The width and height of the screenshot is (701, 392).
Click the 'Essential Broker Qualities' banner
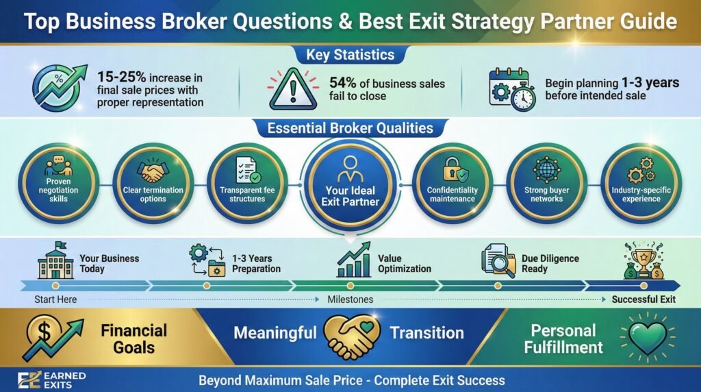(350, 128)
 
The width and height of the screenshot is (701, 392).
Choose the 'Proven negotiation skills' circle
(58, 184)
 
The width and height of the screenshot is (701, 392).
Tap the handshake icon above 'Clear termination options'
(153, 171)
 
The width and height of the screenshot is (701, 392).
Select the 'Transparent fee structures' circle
(247, 184)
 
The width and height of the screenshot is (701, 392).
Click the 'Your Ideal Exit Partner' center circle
(350, 184)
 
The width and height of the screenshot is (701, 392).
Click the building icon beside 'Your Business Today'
(55, 262)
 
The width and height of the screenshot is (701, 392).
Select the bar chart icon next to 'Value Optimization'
(353, 260)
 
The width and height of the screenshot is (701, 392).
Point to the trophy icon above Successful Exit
(643, 261)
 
